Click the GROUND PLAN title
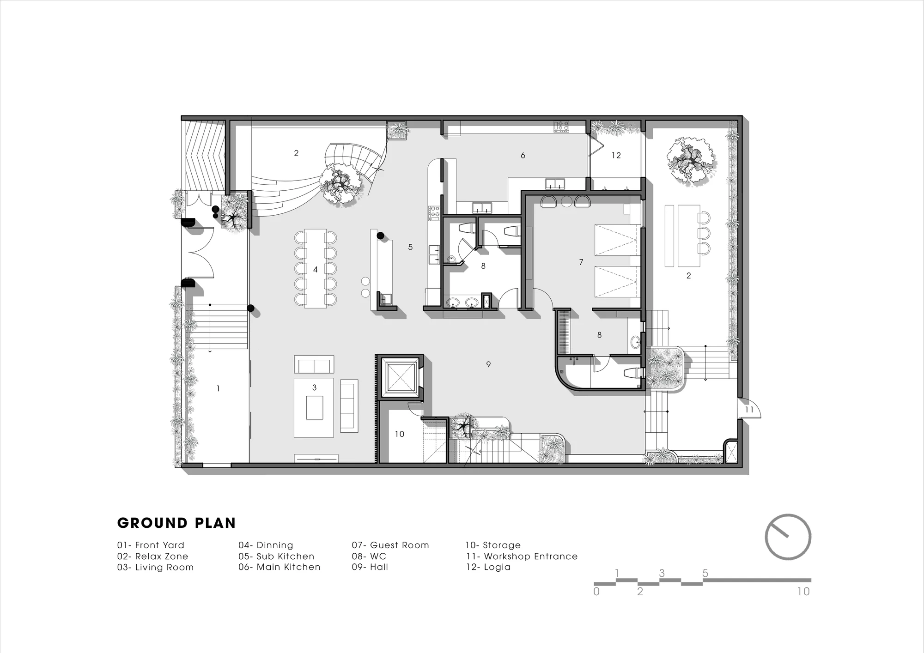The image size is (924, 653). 176,523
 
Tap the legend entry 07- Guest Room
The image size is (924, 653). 390,545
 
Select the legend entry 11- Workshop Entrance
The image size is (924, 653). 522,556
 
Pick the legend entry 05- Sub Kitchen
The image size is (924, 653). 276,556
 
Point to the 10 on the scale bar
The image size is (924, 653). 803,592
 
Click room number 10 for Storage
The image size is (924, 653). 400,434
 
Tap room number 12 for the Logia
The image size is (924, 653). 616,156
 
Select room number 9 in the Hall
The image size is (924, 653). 488,364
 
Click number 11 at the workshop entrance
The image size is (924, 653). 749,410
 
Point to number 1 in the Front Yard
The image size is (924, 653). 218,389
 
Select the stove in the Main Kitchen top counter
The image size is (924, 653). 561,127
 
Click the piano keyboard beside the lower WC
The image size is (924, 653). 563,331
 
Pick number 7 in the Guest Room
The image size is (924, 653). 581,262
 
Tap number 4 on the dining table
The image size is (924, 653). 316,270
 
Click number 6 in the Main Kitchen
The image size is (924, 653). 523,156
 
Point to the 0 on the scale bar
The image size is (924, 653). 596,592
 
